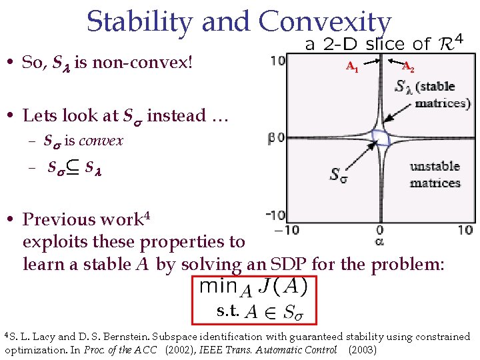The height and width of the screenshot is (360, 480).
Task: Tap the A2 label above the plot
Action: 409,67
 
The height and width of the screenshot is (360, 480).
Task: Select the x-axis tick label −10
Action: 287,230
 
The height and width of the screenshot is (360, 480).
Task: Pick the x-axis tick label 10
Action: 465,230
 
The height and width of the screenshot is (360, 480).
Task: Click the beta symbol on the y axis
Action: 271,138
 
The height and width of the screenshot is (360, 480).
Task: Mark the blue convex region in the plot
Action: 381,138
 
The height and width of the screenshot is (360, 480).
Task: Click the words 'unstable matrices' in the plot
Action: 435,175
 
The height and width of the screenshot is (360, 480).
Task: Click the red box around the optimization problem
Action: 253,299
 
